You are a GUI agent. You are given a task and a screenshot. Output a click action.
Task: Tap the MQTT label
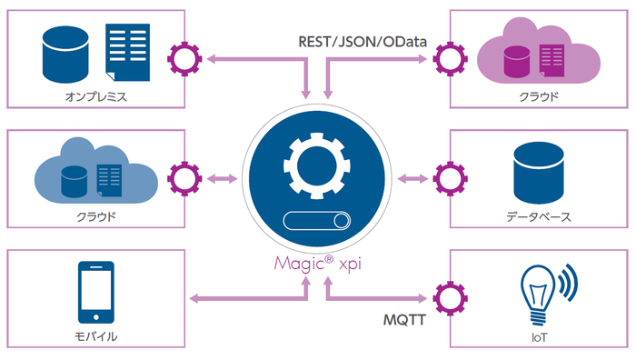[x=401, y=320]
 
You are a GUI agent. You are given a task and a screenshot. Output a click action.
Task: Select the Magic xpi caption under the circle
[x=317, y=265]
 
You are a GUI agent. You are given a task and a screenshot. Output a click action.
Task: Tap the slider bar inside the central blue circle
[x=317, y=222]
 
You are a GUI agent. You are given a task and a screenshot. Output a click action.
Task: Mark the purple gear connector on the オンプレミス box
[x=186, y=59]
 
